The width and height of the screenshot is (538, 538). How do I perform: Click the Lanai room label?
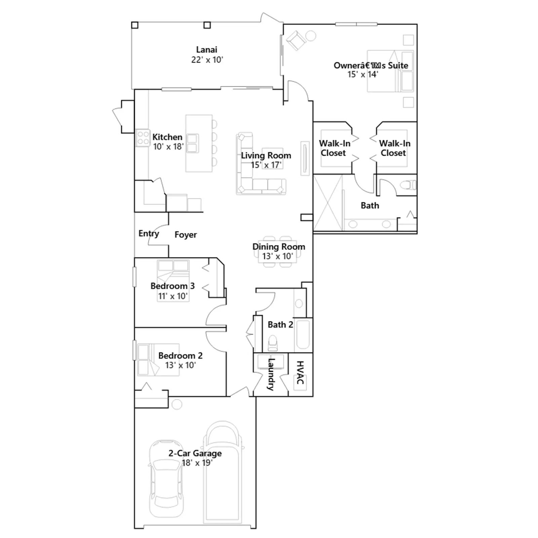pos(206,50)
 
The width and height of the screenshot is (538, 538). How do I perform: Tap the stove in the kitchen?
pos(143,138)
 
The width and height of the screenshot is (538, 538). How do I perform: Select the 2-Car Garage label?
pos(195,453)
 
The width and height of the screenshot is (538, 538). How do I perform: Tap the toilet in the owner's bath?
pos(408,185)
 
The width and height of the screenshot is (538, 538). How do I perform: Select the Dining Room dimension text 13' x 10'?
pos(278,256)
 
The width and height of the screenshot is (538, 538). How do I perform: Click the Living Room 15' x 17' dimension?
pos(266,165)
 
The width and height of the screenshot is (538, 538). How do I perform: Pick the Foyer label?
pos(186,235)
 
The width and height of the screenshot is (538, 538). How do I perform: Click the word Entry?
pos(149,234)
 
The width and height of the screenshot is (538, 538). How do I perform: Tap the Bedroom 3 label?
pos(172,286)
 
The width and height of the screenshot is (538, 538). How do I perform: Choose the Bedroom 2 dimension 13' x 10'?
pos(181,365)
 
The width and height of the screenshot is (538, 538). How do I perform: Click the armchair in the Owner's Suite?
pos(296,40)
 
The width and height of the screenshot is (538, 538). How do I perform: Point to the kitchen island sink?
pos(193,143)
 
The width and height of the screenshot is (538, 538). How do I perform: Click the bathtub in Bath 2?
pos(303,335)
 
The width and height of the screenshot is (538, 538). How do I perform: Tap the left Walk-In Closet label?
pos(334,148)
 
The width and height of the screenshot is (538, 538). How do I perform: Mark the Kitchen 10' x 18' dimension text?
pos(168,147)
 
